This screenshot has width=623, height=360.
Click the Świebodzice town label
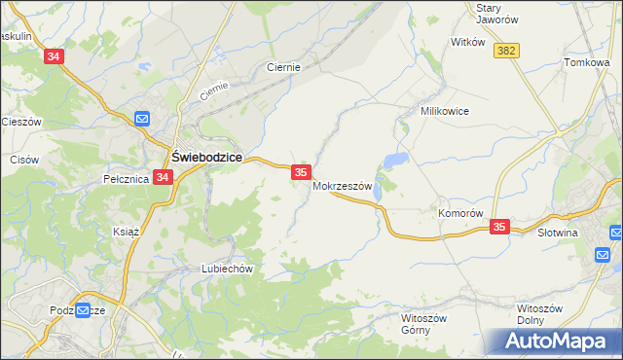207,155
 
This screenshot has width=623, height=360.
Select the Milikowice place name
445,111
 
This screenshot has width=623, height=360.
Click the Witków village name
468,42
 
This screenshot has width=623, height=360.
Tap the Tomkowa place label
586,62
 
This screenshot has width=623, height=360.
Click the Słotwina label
558,233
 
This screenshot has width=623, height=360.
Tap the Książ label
128,232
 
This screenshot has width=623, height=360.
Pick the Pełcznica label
125,179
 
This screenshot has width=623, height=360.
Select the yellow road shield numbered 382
505,51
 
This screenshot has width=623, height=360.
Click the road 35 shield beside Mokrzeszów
300,172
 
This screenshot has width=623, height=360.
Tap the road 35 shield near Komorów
499,227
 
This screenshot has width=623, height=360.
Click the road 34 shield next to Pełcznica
163,177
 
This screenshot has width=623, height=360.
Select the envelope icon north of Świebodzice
141,119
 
